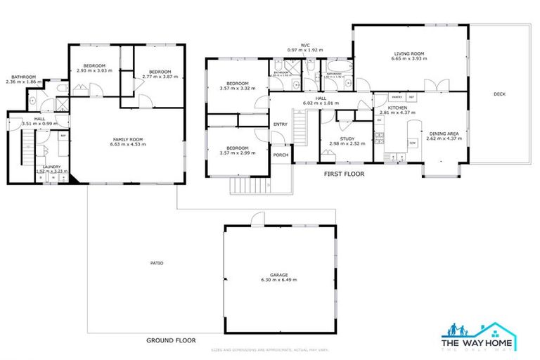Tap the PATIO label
click(156, 264)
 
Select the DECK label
click(499, 94)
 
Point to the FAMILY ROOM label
click(127, 139)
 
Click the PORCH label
click(281, 155)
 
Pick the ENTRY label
click(281, 124)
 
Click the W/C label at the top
click(306, 45)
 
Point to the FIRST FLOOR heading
click(344, 173)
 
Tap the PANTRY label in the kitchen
click(397, 96)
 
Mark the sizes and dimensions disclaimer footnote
click(270, 349)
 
